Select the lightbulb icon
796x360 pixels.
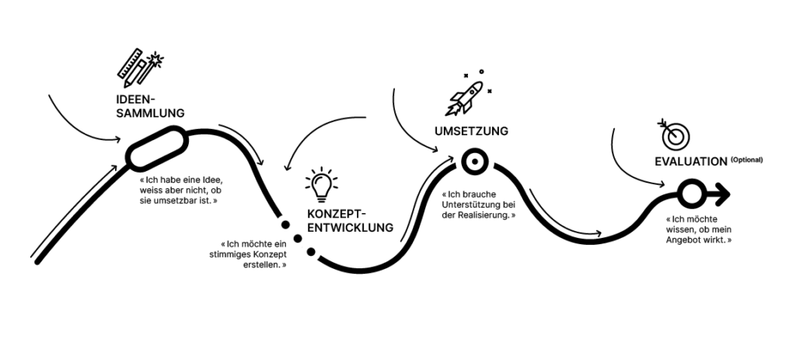coord(322,183)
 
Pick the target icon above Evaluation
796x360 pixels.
coord(674,134)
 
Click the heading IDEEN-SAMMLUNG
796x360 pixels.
coord(148,106)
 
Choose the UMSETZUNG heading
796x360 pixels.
coord(471,131)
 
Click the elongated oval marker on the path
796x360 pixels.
coord(159,150)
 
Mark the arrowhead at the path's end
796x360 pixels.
coord(720,191)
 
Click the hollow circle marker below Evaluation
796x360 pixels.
coord(689,191)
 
